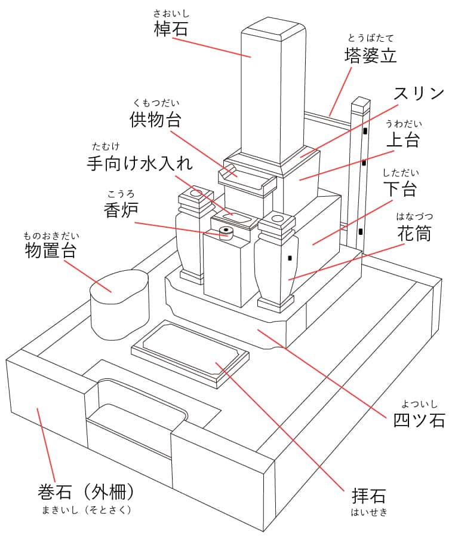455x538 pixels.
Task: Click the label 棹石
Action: [x=171, y=28]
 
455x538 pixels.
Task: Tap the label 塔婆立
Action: [x=370, y=56]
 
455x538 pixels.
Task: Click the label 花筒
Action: [x=414, y=233]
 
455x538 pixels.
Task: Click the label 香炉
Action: [x=121, y=209]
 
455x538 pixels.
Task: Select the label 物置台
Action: [x=51, y=250]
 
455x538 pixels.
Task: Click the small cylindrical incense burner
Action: [x=226, y=232]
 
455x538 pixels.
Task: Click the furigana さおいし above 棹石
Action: [x=171, y=12]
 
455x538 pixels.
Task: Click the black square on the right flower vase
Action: [x=290, y=258]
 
